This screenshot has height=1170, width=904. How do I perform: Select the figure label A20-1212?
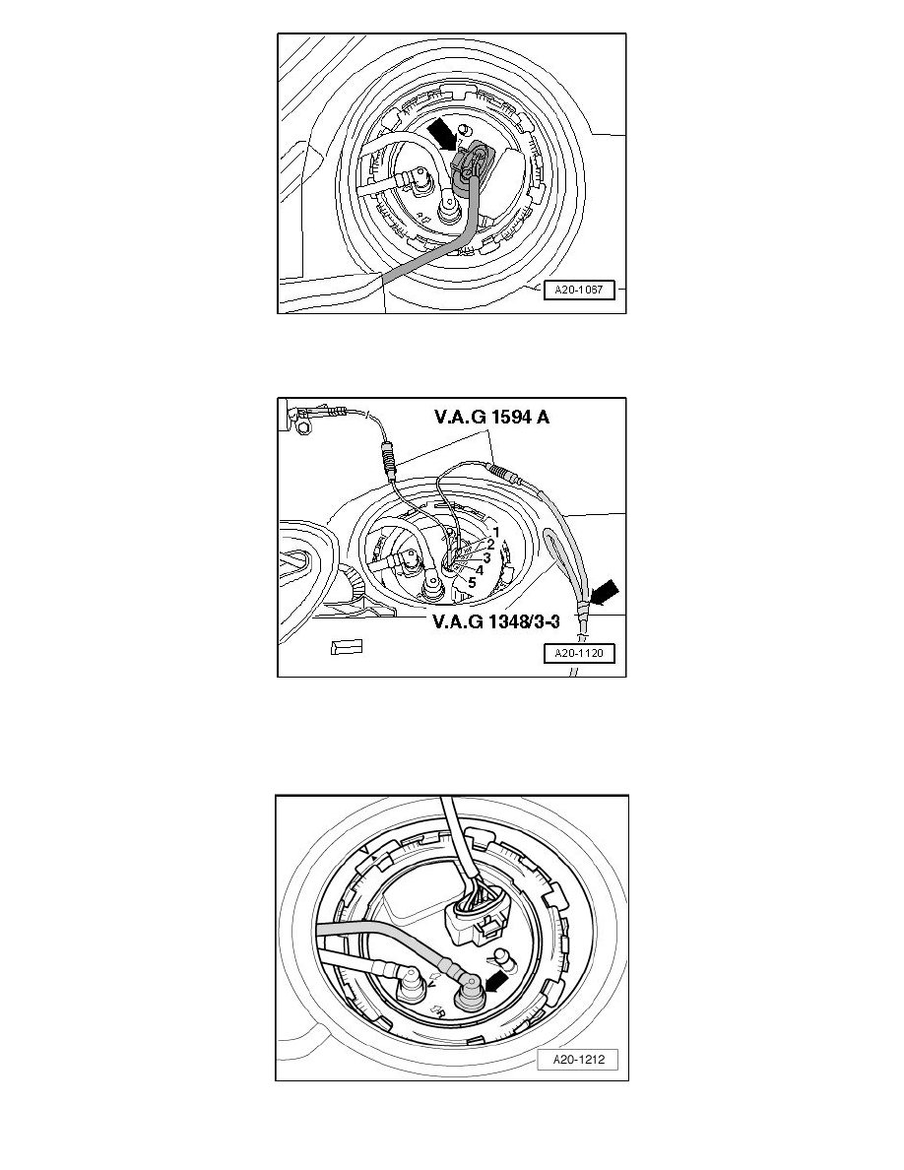[578, 1059]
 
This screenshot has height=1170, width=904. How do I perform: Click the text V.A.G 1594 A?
[491, 418]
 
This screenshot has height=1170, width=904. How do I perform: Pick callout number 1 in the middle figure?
[496, 532]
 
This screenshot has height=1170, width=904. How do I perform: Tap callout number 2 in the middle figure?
[490, 545]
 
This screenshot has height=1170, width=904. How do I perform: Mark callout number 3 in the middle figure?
[485, 557]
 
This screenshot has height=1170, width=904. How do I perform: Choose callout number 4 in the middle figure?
[479, 569]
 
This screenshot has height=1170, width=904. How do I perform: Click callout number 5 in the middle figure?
[472, 582]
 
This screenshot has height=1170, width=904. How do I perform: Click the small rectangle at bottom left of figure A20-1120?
[347, 648]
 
